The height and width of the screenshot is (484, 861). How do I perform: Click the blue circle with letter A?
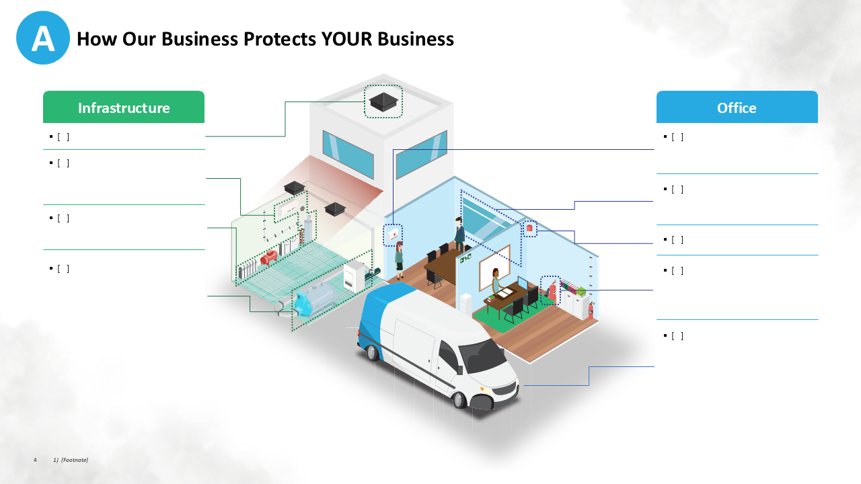click(x=43, y=38)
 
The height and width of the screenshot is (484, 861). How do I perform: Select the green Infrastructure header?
click(x=124, y=108)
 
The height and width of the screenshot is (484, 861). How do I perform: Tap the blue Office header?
click(x=737, y=108)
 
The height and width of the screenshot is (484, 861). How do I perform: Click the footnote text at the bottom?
click(x=71, y=460)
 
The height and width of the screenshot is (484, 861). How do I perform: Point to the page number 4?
click(x=35, y=460)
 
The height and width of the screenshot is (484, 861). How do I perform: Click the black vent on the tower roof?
click(x=383, y=102)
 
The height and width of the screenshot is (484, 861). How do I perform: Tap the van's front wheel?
click(x=460, y=399)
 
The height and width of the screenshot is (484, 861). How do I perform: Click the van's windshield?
click(x=483, y=355)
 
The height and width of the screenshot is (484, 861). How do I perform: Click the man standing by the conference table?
click(x=459, y=232)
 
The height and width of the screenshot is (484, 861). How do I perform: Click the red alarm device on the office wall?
click(x=529, y=229)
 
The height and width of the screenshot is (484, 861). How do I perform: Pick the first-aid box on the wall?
click(x=392, y=235)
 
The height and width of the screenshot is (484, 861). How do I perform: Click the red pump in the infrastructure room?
click(x=269, y=257)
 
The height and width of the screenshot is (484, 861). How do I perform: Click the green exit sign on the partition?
click(x=465, y=257)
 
